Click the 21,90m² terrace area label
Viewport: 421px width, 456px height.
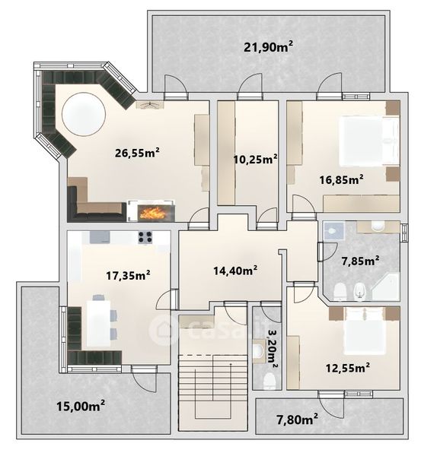[x=268, y=46]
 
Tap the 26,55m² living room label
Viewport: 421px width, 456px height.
[x=137, y=153]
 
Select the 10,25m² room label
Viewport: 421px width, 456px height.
[x=255, y=159]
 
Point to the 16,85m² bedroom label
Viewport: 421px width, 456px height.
[x=341, y=179]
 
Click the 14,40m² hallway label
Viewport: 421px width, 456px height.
[x=235, y=271]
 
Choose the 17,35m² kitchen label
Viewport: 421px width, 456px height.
[x=128, y=275]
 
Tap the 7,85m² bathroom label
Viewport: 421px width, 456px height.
[x=360, y=261]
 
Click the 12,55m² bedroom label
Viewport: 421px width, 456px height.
[x=348, y=368]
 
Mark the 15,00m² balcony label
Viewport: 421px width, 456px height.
[x=81, y=406]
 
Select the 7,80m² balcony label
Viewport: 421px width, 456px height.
[x=297, y=420]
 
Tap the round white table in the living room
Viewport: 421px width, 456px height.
[x=84, y=114]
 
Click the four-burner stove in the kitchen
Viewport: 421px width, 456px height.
[x=145, y=237]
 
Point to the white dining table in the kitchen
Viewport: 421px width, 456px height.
[x=99, y=323]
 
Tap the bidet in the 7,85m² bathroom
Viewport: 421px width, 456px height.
[x=360, y=292]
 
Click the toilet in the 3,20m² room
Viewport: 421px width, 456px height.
[x=270, y=382]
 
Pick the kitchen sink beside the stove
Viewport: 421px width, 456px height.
[x=100, y=237]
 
